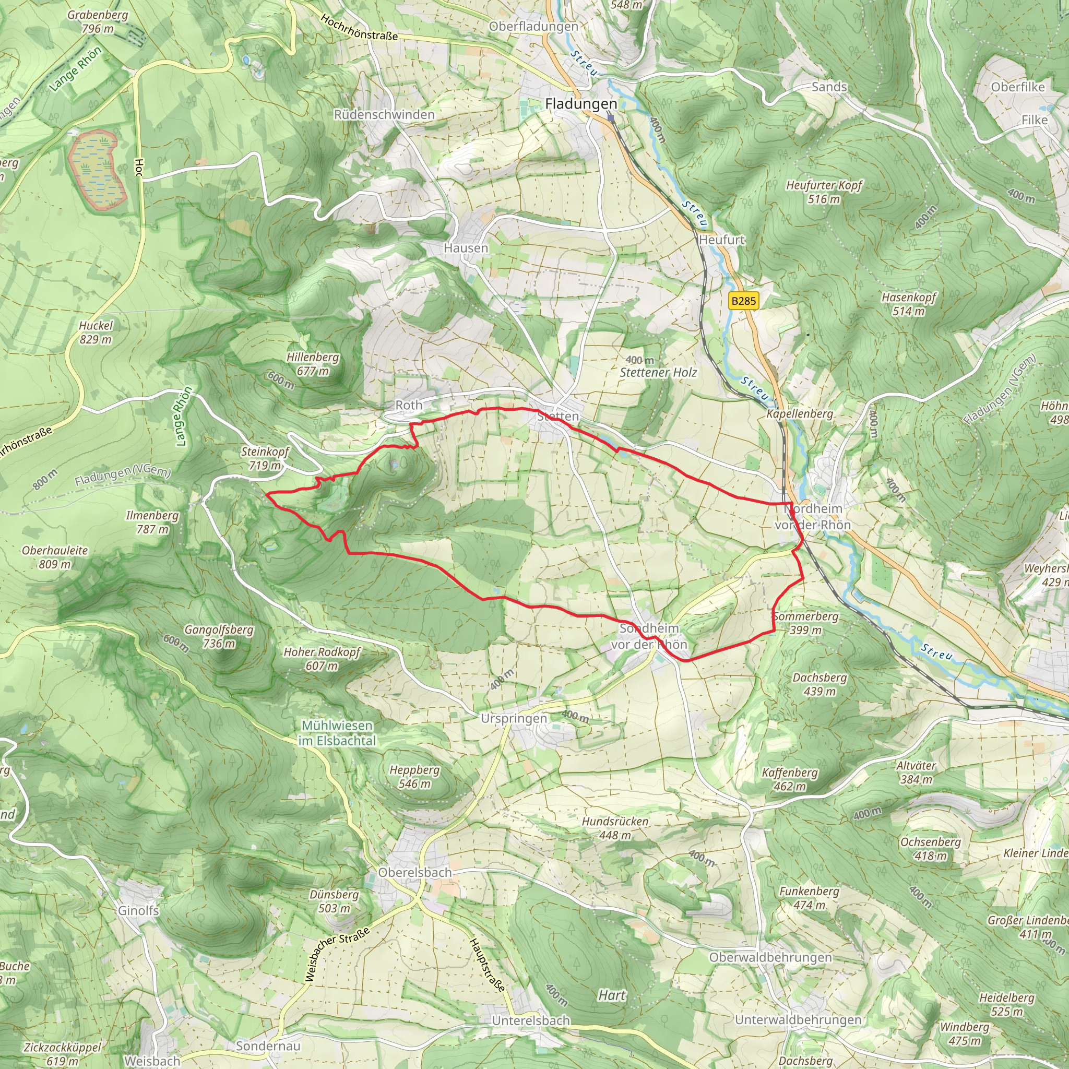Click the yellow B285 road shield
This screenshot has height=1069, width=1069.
(x=743, y=301)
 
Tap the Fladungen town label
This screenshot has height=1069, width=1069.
(x=580, y=103)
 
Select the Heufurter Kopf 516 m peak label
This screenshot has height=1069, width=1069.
(x=824, y=192)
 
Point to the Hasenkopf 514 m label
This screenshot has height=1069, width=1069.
(x=909, y=304)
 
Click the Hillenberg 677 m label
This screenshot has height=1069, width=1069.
(x=313, y=364)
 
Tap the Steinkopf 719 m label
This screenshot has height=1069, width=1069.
(x=265, y=458)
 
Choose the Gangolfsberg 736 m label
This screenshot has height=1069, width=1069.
(x=219, y=636)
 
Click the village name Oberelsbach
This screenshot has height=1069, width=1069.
(x=415, y=873)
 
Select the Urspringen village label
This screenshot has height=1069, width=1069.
(x=514, y=719)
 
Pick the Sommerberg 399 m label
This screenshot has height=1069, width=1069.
(x=805, y=623)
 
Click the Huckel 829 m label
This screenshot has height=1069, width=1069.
(x=96, y=332)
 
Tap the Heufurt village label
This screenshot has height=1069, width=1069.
(x=721, y=240)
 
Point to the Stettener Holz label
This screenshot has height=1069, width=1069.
(x=658, y=372)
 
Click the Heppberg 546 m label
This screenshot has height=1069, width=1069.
(x=414, y=776)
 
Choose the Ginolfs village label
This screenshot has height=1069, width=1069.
(x=138, y=910)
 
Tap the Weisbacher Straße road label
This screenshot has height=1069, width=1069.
(x=338, y=955)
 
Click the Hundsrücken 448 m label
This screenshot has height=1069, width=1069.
(x=615, y=828)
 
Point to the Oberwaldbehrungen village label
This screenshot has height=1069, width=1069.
(x=770, y=957)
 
